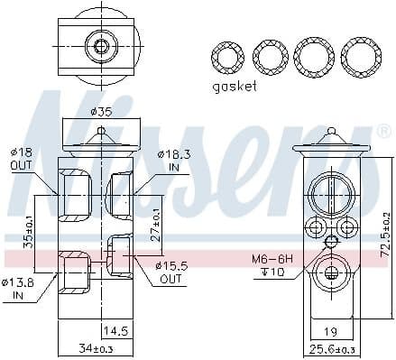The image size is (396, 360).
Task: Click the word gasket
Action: (x=235, y=87)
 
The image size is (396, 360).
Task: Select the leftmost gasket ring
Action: (x=226, y=57)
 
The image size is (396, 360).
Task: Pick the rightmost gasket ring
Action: (x=360, y=57)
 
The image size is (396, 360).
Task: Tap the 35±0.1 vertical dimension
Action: (x=28, y=231)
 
